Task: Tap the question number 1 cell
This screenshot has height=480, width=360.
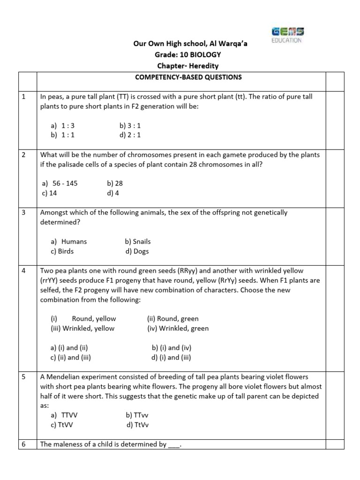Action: tap(23, 97)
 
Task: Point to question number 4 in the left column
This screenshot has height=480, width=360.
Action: tap(23, 271)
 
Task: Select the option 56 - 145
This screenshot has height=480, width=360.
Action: tap(64, 183)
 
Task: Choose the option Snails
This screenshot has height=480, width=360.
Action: tap(138, 241)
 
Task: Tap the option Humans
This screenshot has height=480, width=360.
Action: tap(69, 241)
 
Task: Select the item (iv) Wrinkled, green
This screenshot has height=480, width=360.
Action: tap(178, 329)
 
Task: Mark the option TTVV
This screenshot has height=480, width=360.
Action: tap(66, 415)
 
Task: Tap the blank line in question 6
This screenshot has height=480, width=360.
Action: tap(173, 445)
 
